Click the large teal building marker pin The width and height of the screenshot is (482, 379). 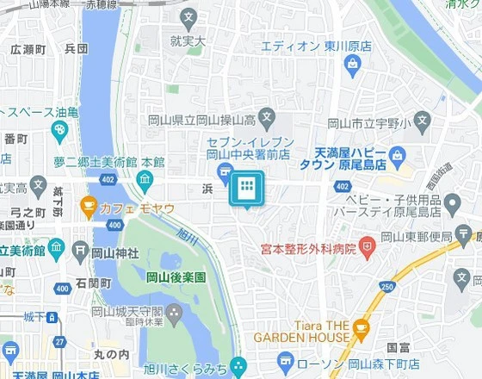[245, 188]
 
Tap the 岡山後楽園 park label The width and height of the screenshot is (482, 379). [176, 277]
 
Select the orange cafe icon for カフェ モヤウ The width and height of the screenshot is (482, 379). [88, 206]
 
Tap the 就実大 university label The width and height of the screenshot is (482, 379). [188, 40]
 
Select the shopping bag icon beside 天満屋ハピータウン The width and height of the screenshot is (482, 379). [396, 155]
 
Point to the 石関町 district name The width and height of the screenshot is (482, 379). [93, 283]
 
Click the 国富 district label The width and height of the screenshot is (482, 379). [399, 348]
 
